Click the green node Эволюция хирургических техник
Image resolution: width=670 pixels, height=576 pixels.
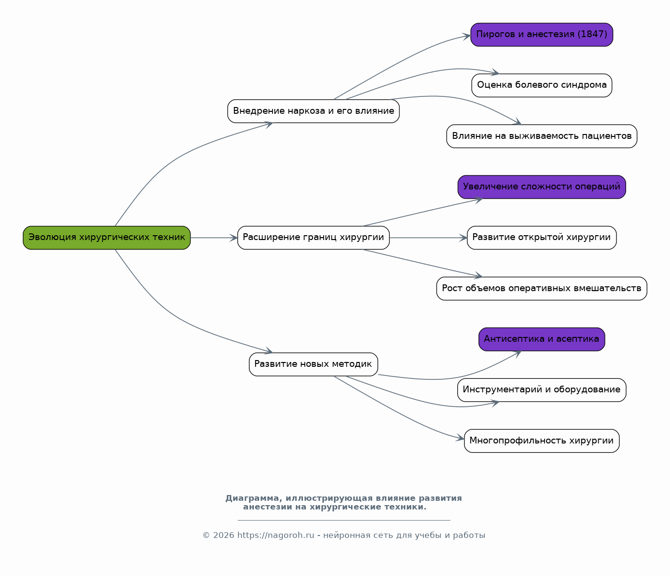pos(107,238)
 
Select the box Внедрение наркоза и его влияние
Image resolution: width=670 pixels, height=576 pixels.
pos(314,111)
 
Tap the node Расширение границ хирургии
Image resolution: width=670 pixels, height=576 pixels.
pos(314,238)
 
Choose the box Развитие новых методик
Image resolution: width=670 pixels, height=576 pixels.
pos(314,364)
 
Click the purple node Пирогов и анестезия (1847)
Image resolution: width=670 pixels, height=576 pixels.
pos(542,35)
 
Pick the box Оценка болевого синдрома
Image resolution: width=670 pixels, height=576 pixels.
pos(542,85)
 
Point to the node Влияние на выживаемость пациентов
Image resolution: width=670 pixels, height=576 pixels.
pos(542,136)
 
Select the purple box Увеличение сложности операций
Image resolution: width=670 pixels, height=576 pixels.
pos(542,187)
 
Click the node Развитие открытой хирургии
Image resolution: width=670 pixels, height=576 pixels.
pos(542,238)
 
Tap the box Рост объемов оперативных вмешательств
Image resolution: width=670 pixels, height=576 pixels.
pos(542,289)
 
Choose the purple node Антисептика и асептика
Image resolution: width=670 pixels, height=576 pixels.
pos(542,339)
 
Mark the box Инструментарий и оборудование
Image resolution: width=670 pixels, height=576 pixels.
pos(542,390)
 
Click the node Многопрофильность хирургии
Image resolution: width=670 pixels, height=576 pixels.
pos(542,441)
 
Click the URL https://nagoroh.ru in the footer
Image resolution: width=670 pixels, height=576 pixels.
pos(276,535)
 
